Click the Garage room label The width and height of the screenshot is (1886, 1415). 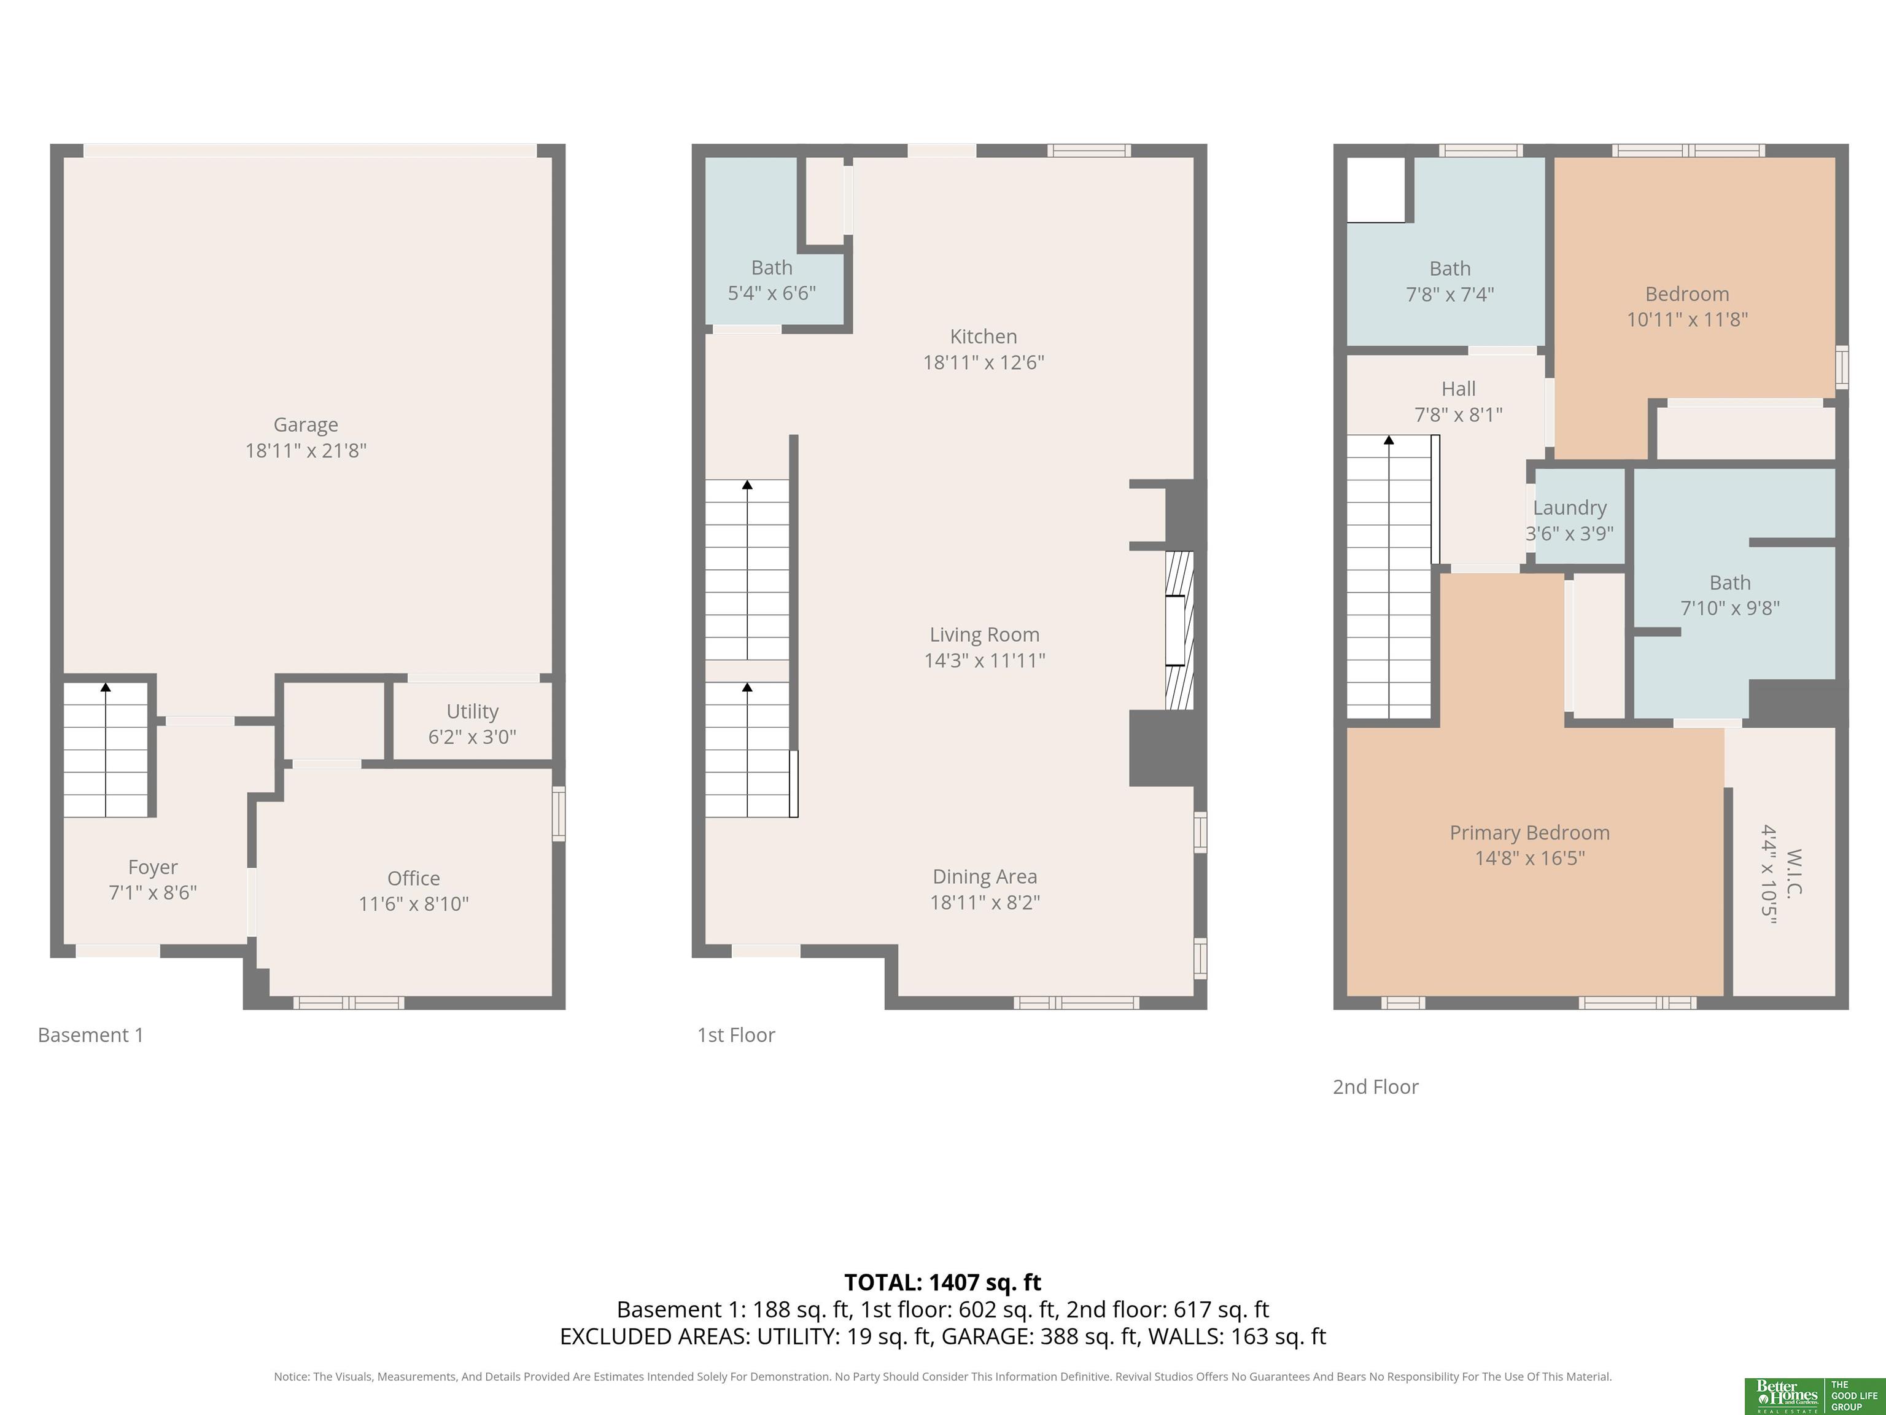click(x=305, y=425)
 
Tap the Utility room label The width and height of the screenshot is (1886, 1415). click(x=472, y=711)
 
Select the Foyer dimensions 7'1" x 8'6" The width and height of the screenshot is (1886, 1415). click(x=153, y=893)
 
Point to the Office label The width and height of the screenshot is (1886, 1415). click(x=414, y=878)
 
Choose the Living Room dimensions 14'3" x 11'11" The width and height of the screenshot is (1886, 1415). click(x=985, y=660)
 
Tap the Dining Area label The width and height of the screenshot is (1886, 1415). click(x=985, y=877)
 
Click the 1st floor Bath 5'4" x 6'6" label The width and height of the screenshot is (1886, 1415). click(x=772, y=281)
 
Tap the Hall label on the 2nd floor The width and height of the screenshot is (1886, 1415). click(x=1458, y=389)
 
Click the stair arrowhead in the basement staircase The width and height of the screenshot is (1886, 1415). click(x=106, y=687)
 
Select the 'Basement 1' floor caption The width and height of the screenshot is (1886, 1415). click(x=91, y=1035)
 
